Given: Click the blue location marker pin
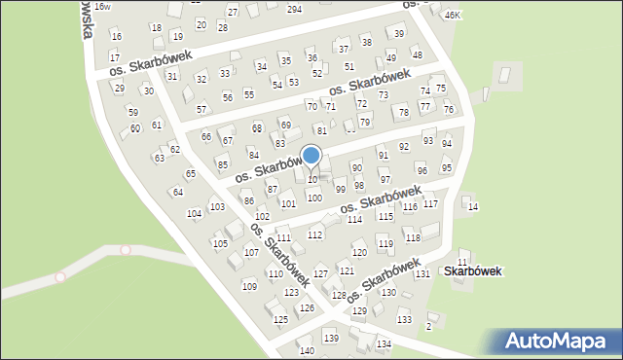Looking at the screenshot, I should coord(311,156).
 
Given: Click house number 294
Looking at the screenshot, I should coord(294,9).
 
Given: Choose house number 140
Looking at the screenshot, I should coord(307,350).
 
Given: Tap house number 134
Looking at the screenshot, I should coord(385,344).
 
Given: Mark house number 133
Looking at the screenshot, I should coord(404,320).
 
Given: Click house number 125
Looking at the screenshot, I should coord(280,319).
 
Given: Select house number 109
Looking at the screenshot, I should coord(249,286).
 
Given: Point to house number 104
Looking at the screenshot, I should coord(194,213).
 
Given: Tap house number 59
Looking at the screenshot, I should coord(133,112).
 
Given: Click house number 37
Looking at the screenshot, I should coord(343,49).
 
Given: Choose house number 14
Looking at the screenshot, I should coord(473,207).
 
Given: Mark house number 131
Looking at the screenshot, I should coord(422,274).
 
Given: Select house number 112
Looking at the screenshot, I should coord(315,234).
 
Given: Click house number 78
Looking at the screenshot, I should coord(403,113).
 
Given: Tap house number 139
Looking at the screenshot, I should coord(332,338).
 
